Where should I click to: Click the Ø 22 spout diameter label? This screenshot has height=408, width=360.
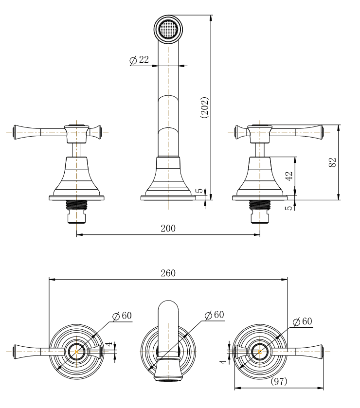click(x=139, y=60)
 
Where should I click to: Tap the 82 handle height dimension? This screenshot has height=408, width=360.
click(x=333, y=162)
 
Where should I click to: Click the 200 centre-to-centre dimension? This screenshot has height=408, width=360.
click(x=168, y=228)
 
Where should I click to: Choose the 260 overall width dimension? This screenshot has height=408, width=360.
click(x=168, y=273)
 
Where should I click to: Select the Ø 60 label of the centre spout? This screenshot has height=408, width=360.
click(x=214, y=315)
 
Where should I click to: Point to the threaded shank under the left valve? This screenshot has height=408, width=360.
click(x=76, y=205)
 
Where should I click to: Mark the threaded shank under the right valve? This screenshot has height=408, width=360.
click(x=259, y=205)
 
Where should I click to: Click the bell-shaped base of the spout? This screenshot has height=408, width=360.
click(x=168, y=175)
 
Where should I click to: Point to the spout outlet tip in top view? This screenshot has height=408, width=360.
click(x=168, y=376)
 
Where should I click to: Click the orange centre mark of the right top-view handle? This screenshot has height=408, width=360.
click(x=259, y=351)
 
